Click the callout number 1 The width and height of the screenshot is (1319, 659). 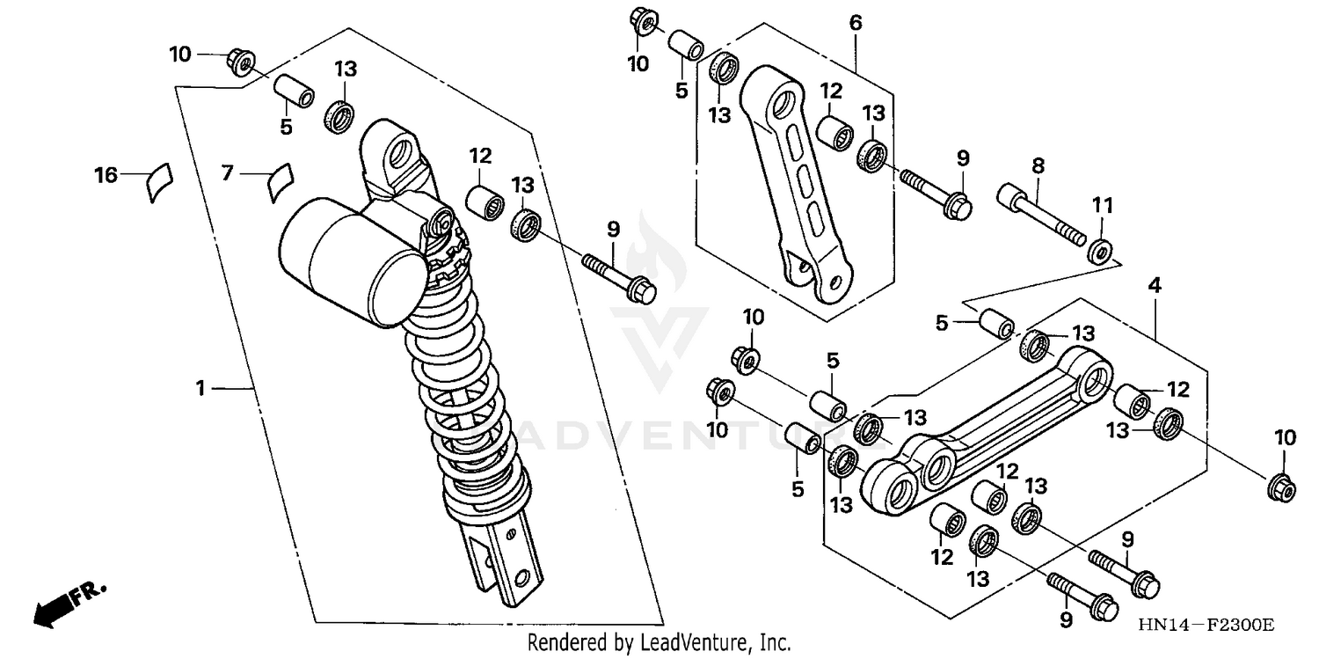click(200, 388)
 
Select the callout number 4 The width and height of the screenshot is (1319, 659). click(1154, 285)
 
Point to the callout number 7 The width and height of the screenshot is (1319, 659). click(228, 174)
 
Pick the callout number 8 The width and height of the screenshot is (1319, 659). click(1038, 165)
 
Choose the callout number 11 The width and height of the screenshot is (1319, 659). click(1103, 206)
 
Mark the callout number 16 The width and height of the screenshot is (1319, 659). click(106, 176)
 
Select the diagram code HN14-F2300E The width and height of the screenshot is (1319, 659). click(1204, 626)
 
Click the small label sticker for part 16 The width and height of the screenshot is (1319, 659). click(158, 181)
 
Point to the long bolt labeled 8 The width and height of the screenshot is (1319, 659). click(1038, 209)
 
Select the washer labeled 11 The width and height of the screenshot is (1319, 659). click(1099, 251)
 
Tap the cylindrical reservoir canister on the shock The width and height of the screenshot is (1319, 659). click(352, 260)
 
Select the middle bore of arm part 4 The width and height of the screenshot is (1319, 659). click(937, 464)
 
